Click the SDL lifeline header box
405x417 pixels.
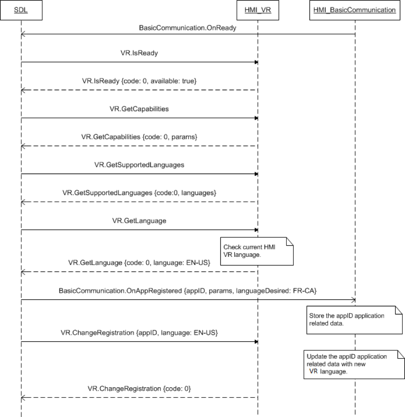coord(21,10)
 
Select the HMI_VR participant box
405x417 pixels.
coord(257,10)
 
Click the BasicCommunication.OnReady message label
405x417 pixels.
coord(187,28)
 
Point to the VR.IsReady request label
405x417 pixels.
coord(139,53)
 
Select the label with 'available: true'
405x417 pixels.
coord(139,81)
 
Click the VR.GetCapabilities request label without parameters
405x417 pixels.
coord(139,109)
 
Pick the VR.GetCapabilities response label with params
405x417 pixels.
coord(139,137)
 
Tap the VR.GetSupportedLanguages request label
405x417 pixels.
coord(139,165)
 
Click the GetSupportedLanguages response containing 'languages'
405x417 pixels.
coord(139,193)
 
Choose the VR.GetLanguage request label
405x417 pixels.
coord(139,221)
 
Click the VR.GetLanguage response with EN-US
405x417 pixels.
coord(139,263)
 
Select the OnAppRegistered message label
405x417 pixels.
coord(121,290)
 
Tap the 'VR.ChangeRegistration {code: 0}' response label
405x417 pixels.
coord(139,389)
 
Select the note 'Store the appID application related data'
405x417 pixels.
coord(354,319)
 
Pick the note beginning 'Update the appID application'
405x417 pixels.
coord(353,364)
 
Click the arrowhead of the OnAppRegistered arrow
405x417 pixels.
coord(353,300)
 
